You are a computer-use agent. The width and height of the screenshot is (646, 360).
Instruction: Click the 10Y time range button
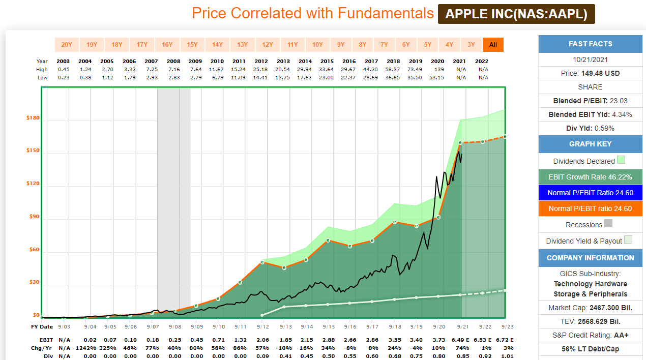(317, 45)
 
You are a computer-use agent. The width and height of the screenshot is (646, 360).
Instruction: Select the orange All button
(493, 45)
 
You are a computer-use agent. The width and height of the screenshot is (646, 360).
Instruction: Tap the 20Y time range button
(67, 45)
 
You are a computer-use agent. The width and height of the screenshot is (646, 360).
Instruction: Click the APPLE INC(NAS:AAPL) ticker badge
(516, 14)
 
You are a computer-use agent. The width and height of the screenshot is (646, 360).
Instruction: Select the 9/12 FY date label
(262, 326)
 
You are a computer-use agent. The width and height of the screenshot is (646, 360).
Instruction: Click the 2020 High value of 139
(439, 69)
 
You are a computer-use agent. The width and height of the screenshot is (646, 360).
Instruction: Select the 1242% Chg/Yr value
(86, 348)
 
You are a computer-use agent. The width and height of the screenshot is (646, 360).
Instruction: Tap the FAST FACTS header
(590, 44)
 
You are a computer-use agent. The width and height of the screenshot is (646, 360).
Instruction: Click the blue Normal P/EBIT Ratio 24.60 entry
(590, 193)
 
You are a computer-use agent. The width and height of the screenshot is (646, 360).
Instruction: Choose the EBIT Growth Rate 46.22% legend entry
(590, 177)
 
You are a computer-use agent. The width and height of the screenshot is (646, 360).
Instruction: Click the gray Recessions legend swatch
(608, 224)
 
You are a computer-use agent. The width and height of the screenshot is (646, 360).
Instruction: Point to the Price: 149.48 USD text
(590, 73)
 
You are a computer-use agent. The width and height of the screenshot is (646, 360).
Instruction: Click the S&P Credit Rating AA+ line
(590, 335)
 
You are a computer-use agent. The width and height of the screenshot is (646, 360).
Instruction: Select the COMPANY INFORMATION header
(590, 258)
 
